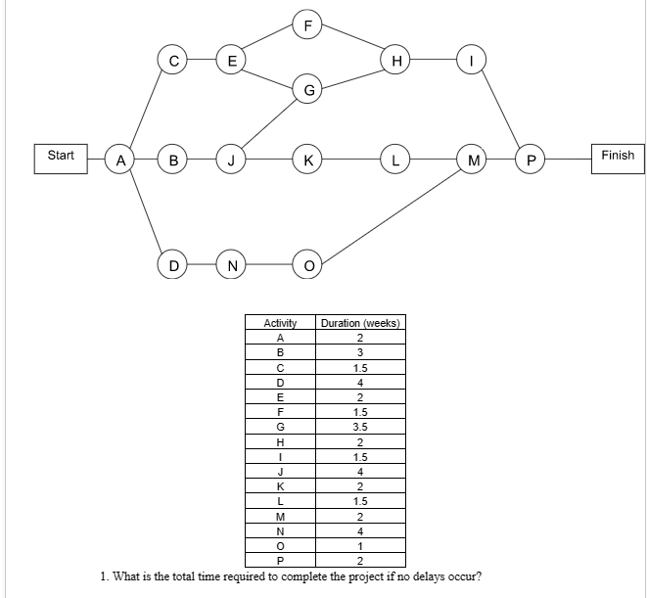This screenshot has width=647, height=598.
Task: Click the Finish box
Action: [617, 156]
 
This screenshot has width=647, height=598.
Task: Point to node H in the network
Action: [395, 60]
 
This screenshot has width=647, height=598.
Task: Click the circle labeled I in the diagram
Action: [474, 60]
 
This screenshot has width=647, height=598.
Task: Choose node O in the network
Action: [308, 263]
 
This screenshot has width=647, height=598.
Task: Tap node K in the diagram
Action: [308, 159]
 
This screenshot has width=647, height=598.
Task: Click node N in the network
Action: [232, 263]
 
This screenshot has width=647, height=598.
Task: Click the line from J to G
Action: [270, 124]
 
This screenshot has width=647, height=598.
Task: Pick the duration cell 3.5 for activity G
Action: [360, 427]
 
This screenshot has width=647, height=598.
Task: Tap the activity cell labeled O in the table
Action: [281, 545]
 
